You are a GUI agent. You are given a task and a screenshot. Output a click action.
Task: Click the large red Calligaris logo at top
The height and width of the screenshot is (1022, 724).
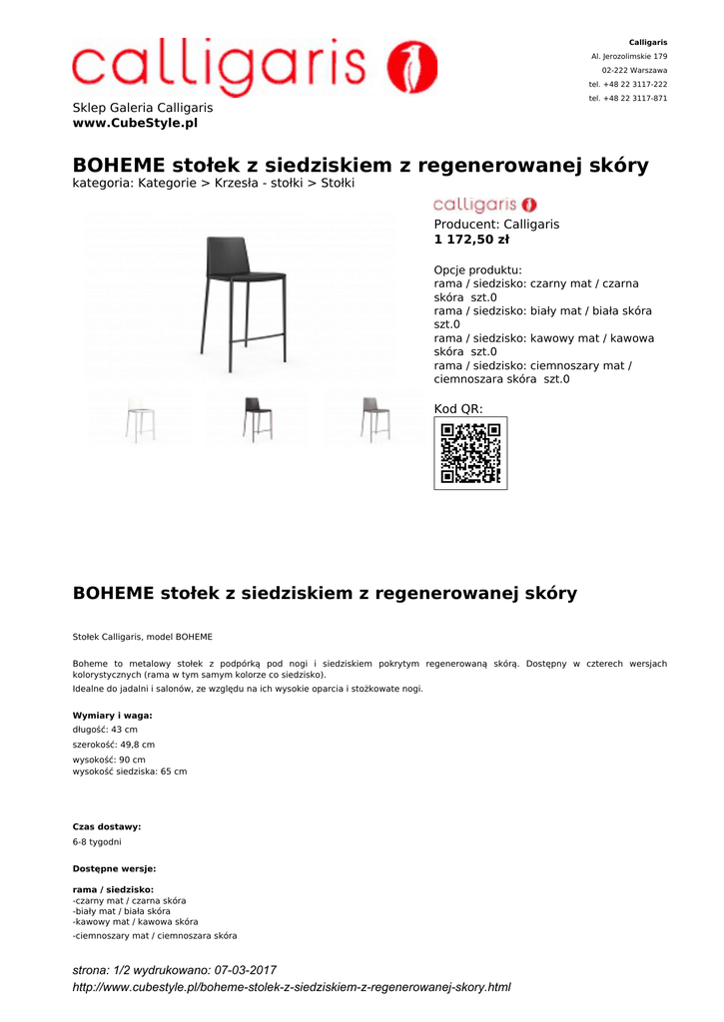pyautogui.click(x=255, y=67)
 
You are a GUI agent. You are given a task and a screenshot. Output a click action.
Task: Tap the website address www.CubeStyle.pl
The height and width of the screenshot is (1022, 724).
pyautogui.click(x=135, y=123)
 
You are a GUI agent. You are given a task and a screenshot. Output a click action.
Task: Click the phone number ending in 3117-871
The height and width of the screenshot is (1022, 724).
pyautogui.click(x=628, y=99)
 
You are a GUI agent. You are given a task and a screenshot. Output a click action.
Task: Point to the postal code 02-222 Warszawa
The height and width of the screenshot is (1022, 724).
pyautogui.click(x=634, y=71)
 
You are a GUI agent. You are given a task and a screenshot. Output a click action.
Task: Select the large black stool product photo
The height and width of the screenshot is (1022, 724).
pyautogui.click(x=244, y=297)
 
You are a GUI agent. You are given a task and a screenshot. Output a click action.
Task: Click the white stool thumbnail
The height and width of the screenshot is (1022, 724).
pyautogui.click(x=140, y=419)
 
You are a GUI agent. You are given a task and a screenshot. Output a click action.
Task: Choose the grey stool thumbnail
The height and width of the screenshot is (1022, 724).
pyautogui.click(x=374, y=419)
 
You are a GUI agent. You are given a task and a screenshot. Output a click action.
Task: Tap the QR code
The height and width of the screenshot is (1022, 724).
pyautogui.click(x=470, y=453)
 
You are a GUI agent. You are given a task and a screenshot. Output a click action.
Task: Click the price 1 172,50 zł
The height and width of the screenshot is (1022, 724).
pyautogui.click(x=471, y=240)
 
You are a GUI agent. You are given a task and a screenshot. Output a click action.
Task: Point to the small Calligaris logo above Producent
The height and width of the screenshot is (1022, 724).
pyautogui.click(x=485, y=205)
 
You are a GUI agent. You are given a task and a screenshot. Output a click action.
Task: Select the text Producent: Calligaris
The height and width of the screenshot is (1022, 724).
pyautogui.click(x=496, y=225)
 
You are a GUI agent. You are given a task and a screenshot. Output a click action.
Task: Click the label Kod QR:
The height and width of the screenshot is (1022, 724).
pyautogui.click(x=458, y=409)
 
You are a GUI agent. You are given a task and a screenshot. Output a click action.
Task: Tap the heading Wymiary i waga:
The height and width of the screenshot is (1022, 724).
pyautogui.click(x=113, y=716)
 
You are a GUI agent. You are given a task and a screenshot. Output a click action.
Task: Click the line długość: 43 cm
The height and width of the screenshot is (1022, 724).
pyautogui.click(x=105, y=730)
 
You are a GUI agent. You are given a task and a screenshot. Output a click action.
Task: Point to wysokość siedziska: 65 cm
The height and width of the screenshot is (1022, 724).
pyautogui.click(x=130, y=771)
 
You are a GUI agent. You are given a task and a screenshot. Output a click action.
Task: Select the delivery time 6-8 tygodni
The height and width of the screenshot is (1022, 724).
pyautogui.click(x=97, y=841)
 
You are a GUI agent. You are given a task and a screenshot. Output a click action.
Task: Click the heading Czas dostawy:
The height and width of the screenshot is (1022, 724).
pyautogui.click(x=107, y=826)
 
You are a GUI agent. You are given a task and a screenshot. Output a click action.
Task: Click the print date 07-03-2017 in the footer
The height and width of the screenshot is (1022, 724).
pyautogui.click(x=246, y=970)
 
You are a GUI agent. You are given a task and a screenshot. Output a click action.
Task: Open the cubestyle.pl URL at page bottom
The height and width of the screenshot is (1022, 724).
pyautogui.click(x=292, y=987)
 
